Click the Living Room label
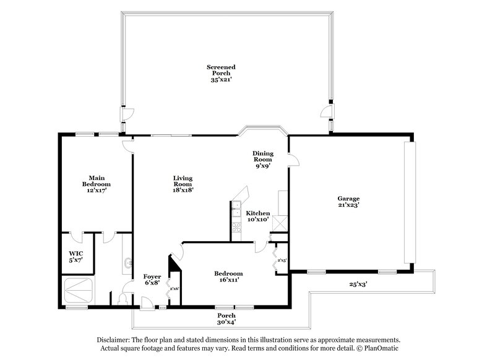pyautogui.click(x=184, y=184)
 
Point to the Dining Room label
pyautogui.click(x=263, y=159)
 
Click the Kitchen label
pyautogui.click(x=257, y=216)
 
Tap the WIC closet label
pyautogui.click(x=76, y=256)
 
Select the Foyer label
pyautogui.click(x=152, y=280)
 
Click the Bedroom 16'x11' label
pyautogui.click(x=228, y=276)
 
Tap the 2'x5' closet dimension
pyautogui.click(x=282, y=260)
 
